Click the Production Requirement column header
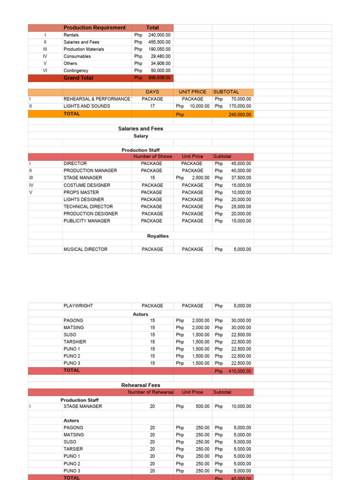click(95, 28)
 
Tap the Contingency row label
click(76, 71)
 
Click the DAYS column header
click(152, 92)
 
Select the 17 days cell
click(152, 106)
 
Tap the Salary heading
click(141, 136)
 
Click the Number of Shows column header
click(152, 157)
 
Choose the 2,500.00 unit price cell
click(201, 178)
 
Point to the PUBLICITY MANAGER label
click(87, 221)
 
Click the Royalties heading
click(158, 236)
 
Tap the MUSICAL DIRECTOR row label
click(85, 249)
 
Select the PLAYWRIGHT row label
click(78, 306)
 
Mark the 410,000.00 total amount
click(240, 371)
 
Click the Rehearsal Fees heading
click(141, 385)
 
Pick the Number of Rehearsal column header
click(150, 392)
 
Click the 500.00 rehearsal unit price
click(202, 406)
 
